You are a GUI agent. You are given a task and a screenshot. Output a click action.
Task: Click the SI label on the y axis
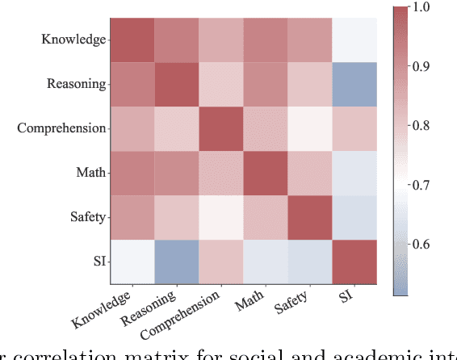[96, 260]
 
